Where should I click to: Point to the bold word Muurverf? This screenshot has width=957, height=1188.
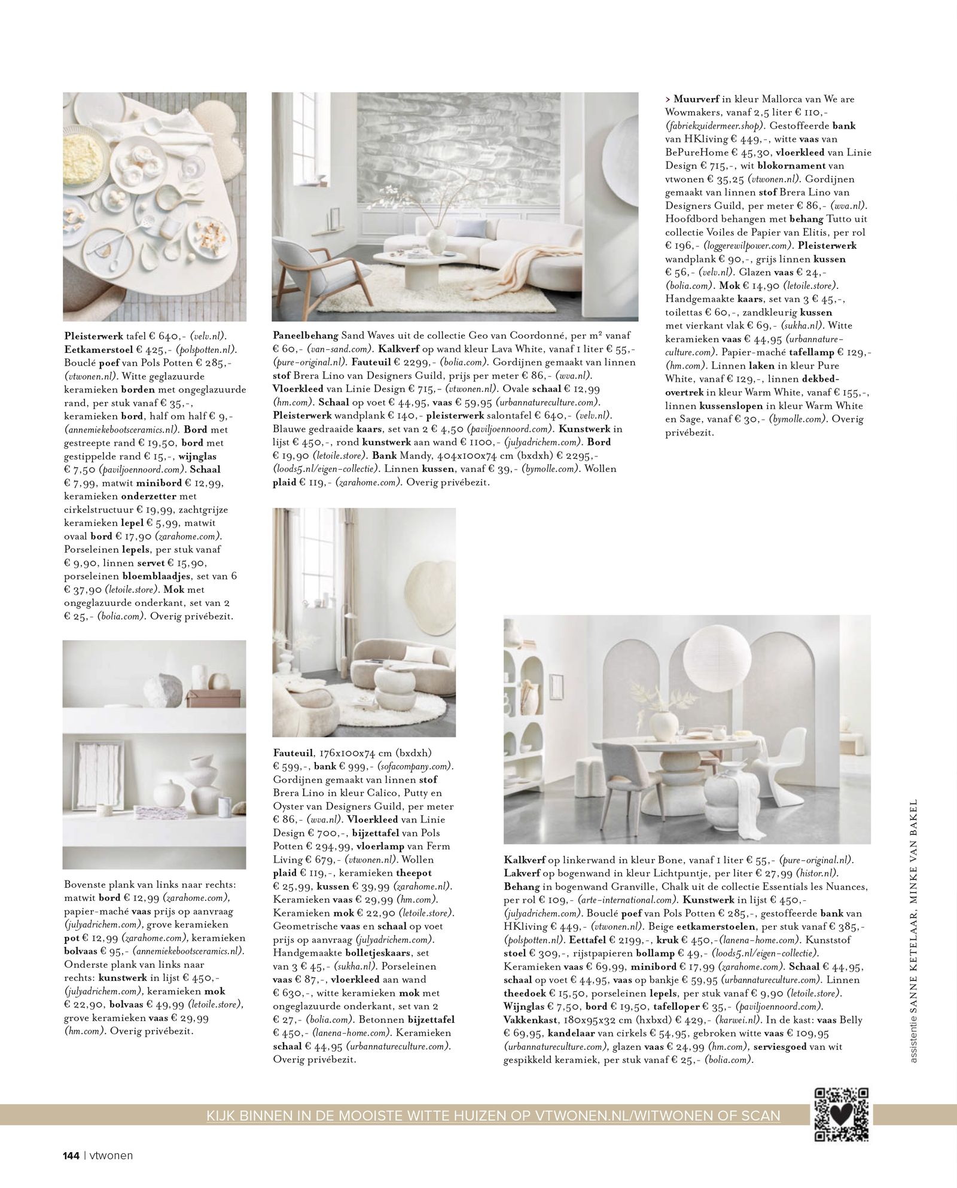[693, 99]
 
